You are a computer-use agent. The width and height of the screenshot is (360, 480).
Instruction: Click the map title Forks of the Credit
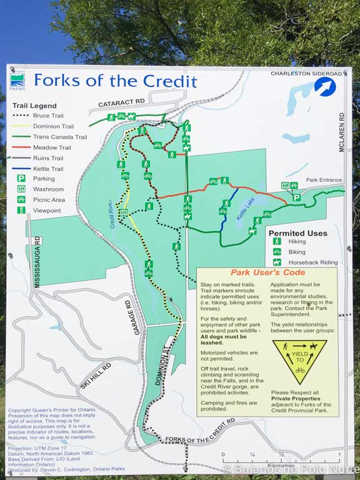pos(115,81)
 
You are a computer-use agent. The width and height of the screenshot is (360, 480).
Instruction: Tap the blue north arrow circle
pos(325,86)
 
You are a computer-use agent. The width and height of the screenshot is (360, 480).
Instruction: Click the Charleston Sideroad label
pos(306,74)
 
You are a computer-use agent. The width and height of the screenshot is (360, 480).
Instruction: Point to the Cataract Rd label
pos(121,102)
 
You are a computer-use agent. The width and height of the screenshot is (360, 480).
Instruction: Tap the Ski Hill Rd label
pos(95,376)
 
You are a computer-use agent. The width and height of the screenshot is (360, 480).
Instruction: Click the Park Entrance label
pos(324,180)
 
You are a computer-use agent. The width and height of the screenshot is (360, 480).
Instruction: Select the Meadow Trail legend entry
pos(52,147)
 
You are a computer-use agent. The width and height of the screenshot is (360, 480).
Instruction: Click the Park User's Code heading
pos(267,272)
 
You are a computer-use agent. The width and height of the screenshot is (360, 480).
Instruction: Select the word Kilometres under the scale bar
pos(281,466)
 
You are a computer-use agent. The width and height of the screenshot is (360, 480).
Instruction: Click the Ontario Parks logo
pos(17,81)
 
